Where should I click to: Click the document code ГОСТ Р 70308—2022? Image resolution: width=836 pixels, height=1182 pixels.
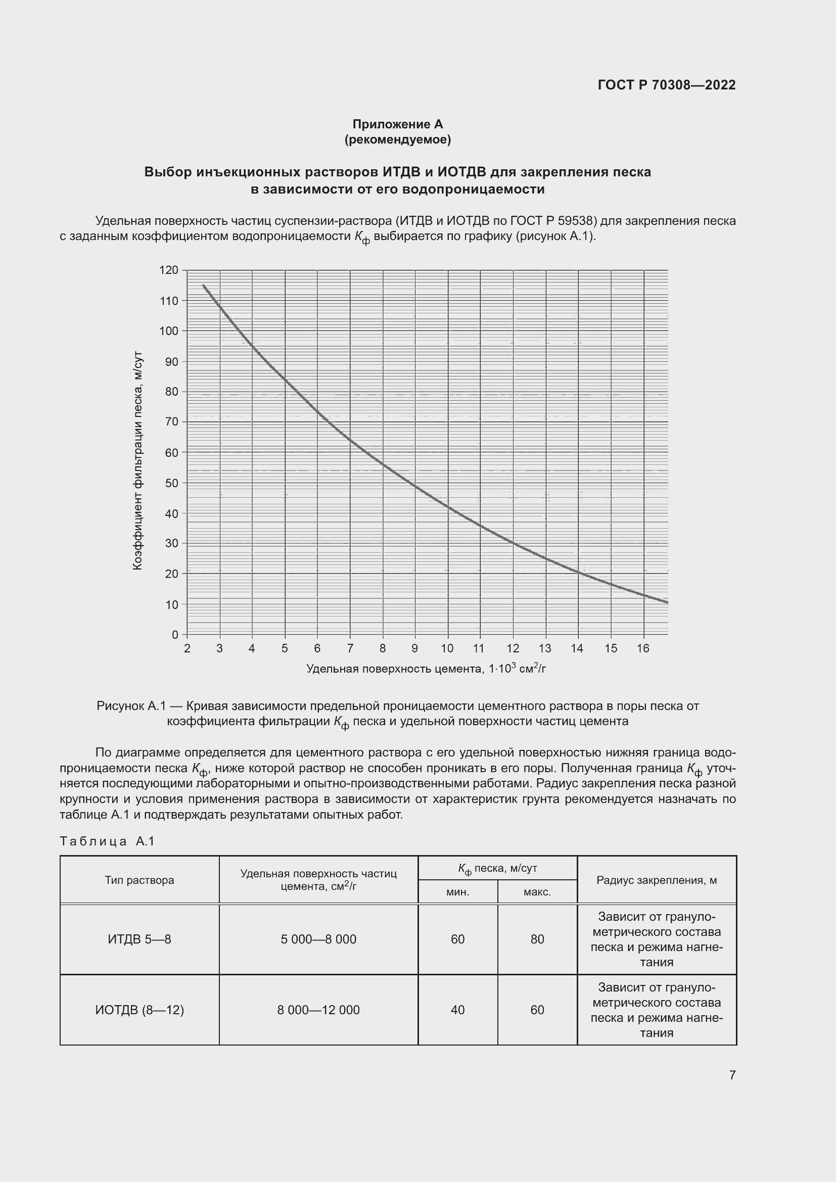click(667, 85)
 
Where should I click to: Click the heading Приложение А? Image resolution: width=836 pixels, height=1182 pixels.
click(397, 124)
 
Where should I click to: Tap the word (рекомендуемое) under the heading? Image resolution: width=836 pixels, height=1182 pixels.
click(397, 139)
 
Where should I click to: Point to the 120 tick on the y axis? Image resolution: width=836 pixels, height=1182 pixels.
click(168, 270)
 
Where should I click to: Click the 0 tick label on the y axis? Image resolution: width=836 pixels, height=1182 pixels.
click(175, 635)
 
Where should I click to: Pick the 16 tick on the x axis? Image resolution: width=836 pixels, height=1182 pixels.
click(643, 649)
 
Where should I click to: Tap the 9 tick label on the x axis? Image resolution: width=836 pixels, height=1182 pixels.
click(415, 649)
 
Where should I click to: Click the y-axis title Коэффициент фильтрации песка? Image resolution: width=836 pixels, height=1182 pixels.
click(137, 461)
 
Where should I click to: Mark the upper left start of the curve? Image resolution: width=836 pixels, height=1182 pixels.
click(204, 285)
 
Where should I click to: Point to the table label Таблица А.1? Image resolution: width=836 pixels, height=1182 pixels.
click(107, 841)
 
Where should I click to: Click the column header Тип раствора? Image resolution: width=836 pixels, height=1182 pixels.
click(140, 880)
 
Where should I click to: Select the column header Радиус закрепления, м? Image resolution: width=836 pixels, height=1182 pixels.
click(657, 880)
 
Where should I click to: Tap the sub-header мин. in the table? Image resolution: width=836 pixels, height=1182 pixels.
click(457, 891)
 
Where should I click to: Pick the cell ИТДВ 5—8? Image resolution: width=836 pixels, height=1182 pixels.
click(140, 939)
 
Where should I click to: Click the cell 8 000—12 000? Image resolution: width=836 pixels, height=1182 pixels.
click(318, 1010)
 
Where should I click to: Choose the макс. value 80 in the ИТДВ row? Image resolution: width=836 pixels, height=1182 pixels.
click(537, 939)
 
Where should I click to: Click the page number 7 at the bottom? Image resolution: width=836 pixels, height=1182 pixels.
click(732, 1075)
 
